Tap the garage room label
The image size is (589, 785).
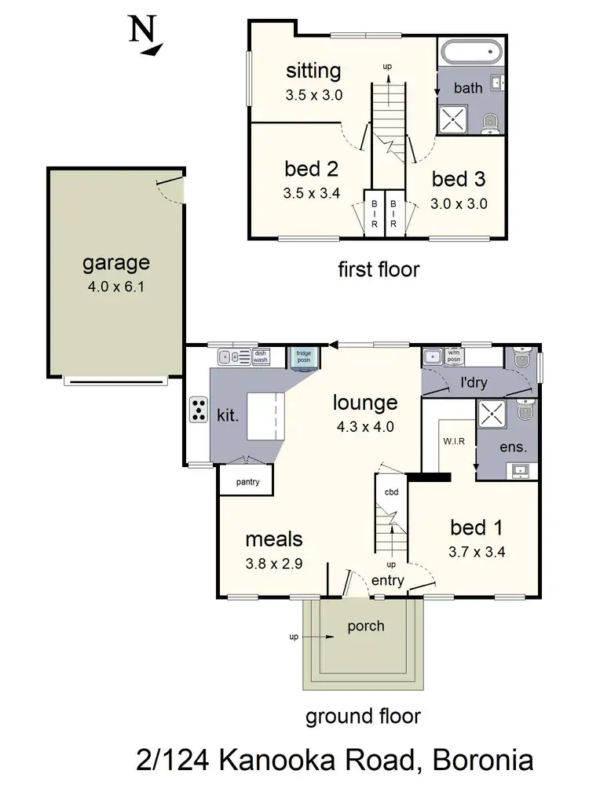tap(115, 263)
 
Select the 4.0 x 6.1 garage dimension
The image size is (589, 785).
tap(115, 287)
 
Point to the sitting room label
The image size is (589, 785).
tap(313, 71)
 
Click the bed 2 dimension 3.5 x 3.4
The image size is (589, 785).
tap(313, 192)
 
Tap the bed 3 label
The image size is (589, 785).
tap(459, 179)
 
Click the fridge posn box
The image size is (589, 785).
tap(303, 357)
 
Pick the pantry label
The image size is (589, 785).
tap(245, 482)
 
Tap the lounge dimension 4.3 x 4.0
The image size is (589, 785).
tap(364, 428)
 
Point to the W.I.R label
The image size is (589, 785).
tap(454, 441)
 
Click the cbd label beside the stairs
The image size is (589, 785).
tap(391, 492)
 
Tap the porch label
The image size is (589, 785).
tap(366, 626)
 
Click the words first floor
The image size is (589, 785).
tap(379, 270)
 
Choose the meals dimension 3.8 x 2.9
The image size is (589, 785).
tap(273, 563)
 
